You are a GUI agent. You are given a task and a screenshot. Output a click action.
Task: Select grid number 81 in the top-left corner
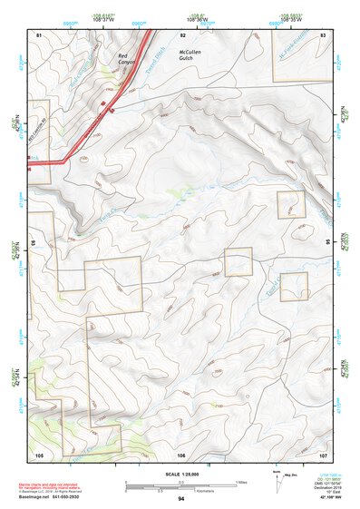point(39,34)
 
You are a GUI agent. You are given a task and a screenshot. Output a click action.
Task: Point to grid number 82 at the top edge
point(182,34)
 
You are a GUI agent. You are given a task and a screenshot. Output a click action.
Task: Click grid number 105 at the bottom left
point(39,454)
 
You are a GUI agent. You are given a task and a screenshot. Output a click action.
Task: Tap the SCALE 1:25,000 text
point(181,473)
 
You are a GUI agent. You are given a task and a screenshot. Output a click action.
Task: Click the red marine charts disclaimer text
point(54,485)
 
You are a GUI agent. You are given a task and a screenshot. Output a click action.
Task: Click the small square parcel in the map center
point(238,262)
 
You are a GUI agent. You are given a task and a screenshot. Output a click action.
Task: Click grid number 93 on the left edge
point(34,244)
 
